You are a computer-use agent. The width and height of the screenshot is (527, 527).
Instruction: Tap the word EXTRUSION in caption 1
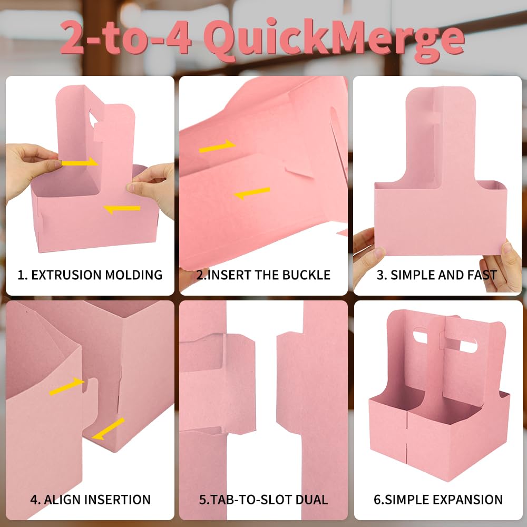[x=66, y=275]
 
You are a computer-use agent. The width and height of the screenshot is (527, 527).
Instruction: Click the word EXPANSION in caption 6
[x=470, y=500]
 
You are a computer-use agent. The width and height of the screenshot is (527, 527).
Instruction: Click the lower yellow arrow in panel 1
[x=122, y=209]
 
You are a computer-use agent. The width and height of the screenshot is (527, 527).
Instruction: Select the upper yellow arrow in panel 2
[x=217, y=146]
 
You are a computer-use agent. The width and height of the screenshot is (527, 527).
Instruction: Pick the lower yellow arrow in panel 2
[x=252, y=193]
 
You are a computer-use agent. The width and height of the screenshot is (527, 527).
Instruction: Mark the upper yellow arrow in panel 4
[x=66, y=386]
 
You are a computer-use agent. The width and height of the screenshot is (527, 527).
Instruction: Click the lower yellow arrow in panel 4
[x=108, y=429]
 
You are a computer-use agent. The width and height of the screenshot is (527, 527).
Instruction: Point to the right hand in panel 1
[x=152, y=188]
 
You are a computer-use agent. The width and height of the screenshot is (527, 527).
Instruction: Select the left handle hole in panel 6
[x=420, y=335]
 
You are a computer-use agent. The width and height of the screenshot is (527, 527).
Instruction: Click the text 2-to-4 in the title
[x=126, y=37]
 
